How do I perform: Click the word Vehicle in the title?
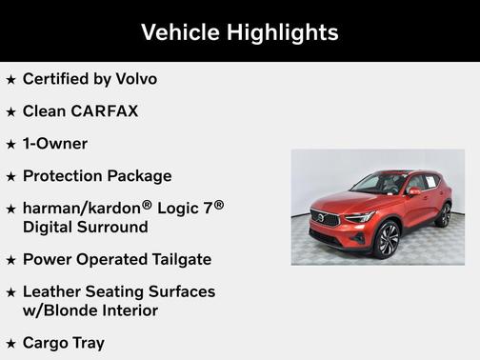[179, 32]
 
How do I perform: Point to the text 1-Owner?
[55, 144]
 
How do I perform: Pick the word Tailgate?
[177, 259]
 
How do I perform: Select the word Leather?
[55, 291]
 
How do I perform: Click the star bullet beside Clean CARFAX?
[10, 112]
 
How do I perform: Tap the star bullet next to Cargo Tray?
[10, 344]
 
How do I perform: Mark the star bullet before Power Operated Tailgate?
[10, 260]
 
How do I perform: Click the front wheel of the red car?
[388, 240]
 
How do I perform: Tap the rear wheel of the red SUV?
[444, 214]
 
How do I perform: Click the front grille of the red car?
[325, 219]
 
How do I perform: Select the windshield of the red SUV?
[380, 184]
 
